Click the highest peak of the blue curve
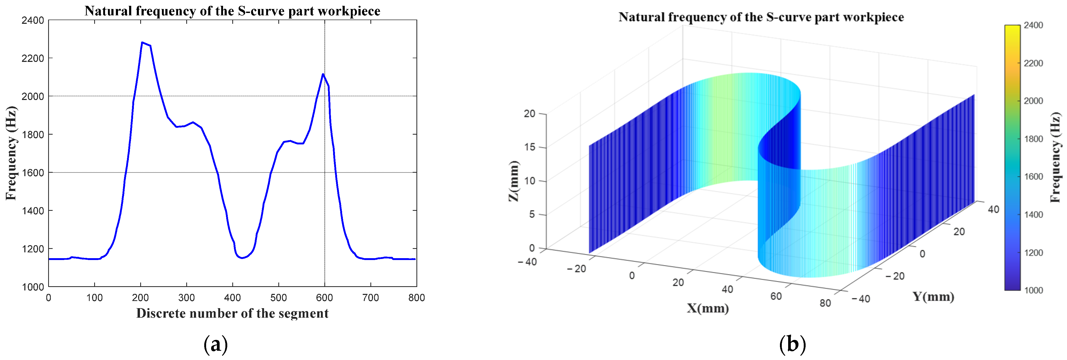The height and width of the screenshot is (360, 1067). [142, 43]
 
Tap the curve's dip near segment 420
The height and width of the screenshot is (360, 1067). [242, 258]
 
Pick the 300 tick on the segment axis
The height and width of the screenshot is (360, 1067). [187, 298]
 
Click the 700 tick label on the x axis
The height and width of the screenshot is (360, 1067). [370, 298]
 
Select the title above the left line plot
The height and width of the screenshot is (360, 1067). [232, 11]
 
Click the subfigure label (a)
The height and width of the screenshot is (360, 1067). [216, 344]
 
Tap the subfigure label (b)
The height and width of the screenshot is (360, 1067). [792, 344]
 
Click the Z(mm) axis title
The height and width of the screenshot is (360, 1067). [514, 181]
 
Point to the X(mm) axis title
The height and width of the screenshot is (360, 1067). [707, 308]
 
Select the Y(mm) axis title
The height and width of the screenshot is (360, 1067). [933, 297]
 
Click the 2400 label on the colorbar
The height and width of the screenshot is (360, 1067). [1033, 25]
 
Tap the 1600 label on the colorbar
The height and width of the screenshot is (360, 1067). [1033, 176]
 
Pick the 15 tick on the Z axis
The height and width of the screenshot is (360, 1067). [529, 147]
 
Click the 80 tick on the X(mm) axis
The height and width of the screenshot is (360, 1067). [825, 303]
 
